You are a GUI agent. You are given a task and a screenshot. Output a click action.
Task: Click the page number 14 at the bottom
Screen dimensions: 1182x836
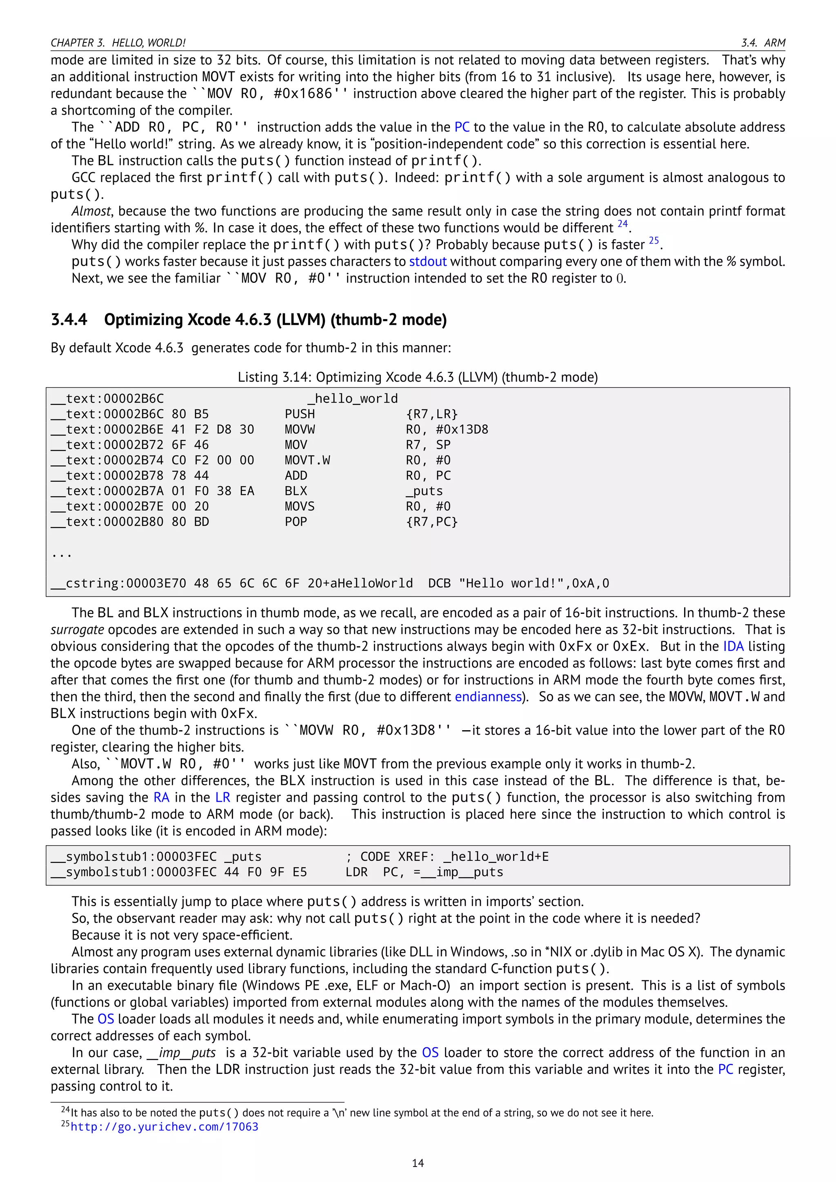418,1163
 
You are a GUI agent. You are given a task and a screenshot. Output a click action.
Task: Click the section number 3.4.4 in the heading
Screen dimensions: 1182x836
69,320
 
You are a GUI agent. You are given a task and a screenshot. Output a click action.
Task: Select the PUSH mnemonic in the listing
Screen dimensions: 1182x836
300,414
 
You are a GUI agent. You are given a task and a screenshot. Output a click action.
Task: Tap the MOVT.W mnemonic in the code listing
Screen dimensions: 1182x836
307,460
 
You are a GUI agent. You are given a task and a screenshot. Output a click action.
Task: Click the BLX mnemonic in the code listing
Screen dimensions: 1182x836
296,491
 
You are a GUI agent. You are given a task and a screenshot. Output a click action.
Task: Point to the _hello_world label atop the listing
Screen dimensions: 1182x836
353,398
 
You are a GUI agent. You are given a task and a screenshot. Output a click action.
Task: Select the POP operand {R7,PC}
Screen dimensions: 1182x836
431,522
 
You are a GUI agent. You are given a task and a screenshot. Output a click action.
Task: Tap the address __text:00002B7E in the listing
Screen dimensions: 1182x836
107,507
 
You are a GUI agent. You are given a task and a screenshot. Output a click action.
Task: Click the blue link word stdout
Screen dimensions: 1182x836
428,262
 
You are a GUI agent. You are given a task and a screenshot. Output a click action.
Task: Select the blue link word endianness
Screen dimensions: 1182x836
488,697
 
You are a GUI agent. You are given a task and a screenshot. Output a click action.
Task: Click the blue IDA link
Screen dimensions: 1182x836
733,647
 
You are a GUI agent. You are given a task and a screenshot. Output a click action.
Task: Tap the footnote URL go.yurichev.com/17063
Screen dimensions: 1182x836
164,1127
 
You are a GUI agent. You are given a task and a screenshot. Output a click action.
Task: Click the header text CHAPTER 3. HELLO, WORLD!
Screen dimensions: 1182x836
118,43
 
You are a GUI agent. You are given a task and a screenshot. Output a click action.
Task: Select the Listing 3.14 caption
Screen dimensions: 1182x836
418,378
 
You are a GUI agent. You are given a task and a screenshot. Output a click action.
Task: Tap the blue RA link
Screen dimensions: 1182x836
161,798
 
